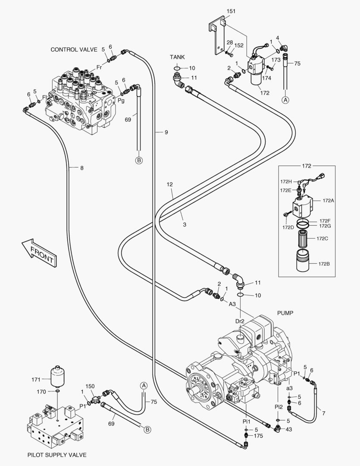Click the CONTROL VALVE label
point(74,50)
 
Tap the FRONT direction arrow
point(38,252)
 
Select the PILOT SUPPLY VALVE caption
point(57,455)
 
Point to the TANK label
point(177,57)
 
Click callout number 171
point(36,379)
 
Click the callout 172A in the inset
point(328,200)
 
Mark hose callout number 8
point(81,168)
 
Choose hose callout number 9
point(166,132)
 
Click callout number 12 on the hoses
point(170,184)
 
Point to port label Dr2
point(240,321)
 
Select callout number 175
point(258,437)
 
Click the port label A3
point(232,304)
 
